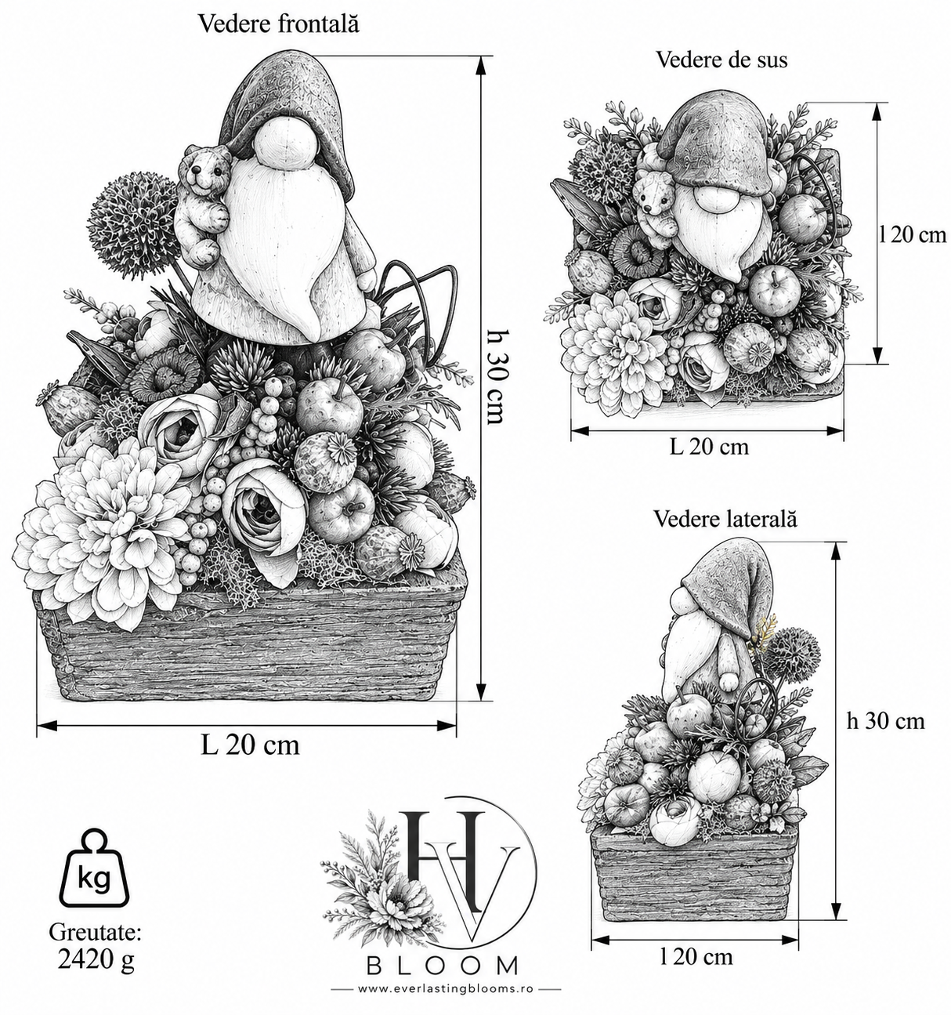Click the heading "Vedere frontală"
click(278, 24)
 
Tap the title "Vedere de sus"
click(721, 60)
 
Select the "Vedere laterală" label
click(725, 519)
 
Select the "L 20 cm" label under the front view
click(250, 745)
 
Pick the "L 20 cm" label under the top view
click(709, 447)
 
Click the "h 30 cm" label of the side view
click(886, 720)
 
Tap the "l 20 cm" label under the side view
click(696, 956)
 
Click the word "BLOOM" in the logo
click(443, 966)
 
